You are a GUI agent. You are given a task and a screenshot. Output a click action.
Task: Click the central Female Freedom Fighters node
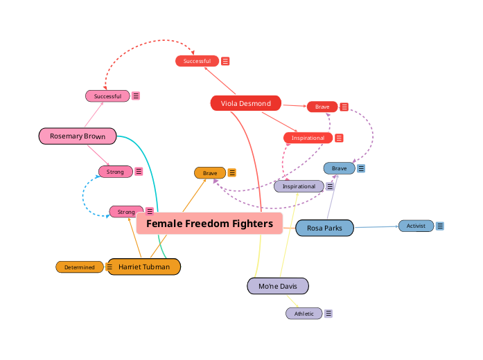209,224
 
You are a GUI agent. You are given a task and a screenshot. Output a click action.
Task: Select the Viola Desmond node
245,103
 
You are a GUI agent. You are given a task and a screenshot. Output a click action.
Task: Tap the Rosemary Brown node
77,136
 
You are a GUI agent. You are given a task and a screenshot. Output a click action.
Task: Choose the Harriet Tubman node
143,267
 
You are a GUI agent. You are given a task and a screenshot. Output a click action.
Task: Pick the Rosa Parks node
324,228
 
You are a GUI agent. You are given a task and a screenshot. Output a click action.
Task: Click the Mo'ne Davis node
277,286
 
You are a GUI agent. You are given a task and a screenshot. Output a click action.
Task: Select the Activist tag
416,226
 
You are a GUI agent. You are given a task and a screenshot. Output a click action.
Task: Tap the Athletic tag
304,314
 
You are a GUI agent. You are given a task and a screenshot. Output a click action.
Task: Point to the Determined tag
80,267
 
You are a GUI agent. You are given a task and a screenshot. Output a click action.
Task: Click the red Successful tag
197,61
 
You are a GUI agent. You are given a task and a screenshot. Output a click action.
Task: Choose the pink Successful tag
107,96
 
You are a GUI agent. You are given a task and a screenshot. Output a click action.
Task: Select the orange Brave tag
210,172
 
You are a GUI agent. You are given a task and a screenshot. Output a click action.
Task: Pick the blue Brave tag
339,168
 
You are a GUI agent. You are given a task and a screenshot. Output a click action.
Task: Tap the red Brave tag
322,107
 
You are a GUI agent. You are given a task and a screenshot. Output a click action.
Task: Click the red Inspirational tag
308,138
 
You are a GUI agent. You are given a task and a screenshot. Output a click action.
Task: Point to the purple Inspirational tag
299,186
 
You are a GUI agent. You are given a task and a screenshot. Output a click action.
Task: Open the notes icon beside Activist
440,226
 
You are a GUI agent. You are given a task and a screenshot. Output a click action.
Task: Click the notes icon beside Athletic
328,314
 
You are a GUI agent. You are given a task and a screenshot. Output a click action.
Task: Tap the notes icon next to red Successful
225,61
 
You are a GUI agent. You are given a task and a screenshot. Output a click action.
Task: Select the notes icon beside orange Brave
232,172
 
